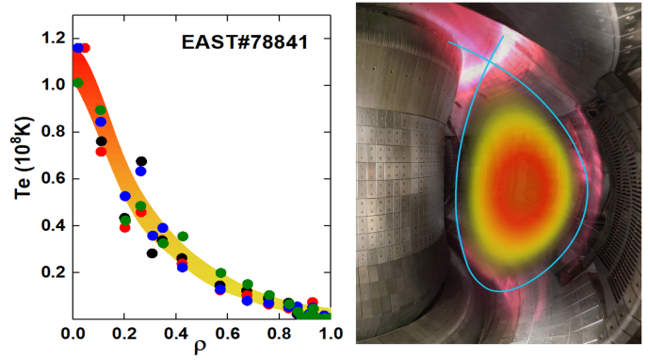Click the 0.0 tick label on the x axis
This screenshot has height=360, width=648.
73,333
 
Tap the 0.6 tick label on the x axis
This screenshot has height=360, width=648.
227,333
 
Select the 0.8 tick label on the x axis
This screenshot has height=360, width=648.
279,333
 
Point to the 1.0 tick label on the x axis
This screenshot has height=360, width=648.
330,333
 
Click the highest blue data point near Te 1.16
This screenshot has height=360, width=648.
77,47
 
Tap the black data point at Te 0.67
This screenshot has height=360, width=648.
141,162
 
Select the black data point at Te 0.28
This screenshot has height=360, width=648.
152,253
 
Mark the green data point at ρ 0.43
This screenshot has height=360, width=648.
183,237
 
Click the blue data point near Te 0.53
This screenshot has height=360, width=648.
125,196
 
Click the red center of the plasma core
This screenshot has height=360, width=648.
521,179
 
